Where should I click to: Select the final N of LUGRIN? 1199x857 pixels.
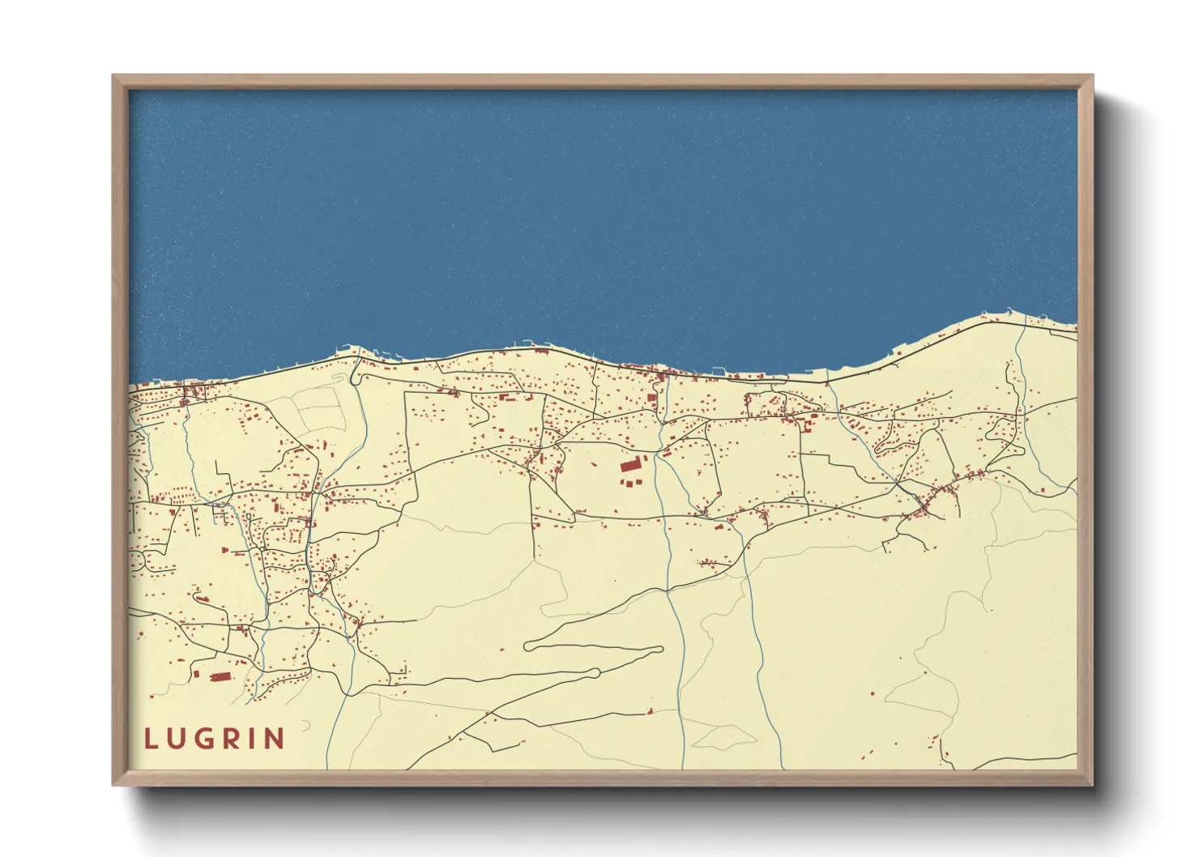coord(275,739)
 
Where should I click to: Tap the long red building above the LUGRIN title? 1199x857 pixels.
coord(220,677)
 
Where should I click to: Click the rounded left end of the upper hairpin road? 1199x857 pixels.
coord(528,646)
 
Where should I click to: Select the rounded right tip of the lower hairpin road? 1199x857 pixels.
coord(596,672)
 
